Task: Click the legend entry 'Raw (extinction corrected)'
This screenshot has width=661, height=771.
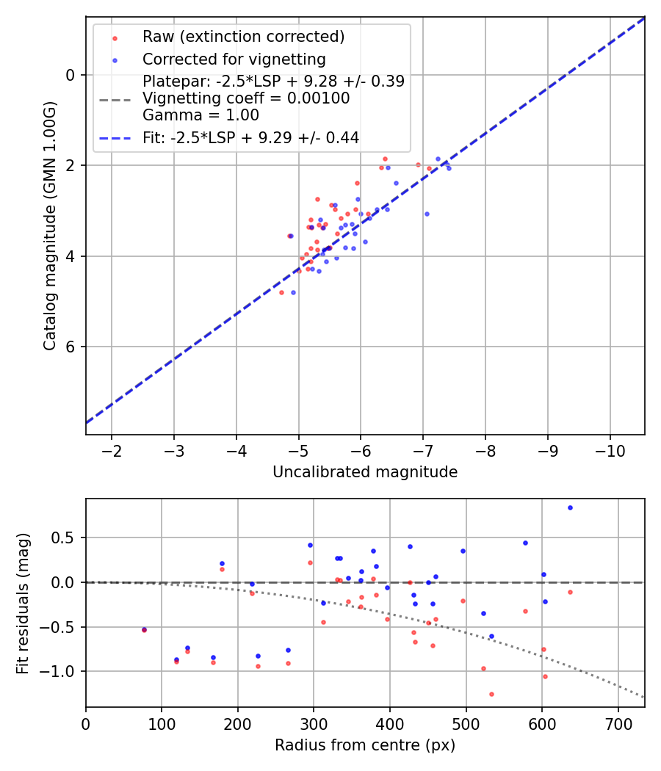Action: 243,37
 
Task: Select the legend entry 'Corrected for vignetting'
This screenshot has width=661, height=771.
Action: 234,59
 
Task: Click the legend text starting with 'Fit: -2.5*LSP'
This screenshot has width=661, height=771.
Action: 250,137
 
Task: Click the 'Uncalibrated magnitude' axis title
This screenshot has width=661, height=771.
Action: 365,472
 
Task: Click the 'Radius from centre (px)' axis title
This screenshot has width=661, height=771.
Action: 365,745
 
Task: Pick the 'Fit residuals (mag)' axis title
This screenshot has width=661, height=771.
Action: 23,602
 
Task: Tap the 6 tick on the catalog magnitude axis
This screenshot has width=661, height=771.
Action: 71,347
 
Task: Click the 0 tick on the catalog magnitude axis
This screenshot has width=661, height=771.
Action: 71,75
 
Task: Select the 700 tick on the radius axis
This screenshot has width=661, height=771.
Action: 618,723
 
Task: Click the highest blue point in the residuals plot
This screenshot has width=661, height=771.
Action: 569,507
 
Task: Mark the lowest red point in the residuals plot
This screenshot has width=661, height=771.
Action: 491,694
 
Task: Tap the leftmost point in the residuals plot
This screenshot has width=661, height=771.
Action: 144,629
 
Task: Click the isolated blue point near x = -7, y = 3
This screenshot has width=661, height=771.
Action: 427,214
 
